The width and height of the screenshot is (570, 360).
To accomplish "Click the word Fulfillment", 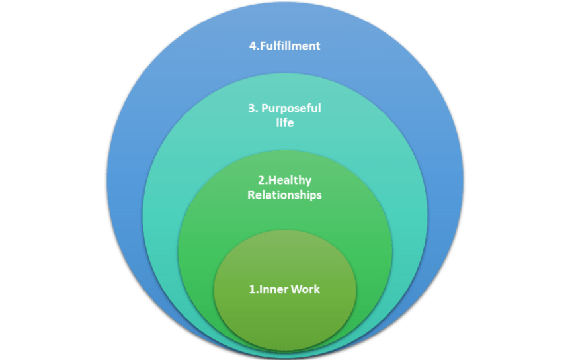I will coord(289,46).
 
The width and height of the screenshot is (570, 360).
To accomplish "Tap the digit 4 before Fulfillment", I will coord(253,46).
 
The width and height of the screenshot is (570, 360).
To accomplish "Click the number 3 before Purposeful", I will coord(252,109).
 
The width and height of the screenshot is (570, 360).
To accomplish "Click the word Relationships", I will coord(284,195).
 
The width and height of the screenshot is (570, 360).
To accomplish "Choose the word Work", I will coord(305,289).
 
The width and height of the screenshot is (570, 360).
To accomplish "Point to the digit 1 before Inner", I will coord(251,289).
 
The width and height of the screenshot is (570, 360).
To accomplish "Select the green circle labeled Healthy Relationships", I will coord(284,225).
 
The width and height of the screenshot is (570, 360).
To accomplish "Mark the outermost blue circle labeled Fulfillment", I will coord(284,73).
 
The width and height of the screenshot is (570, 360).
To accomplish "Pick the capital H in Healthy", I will coord(270,180).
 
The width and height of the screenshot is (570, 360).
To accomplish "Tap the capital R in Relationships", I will coord(251,195).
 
